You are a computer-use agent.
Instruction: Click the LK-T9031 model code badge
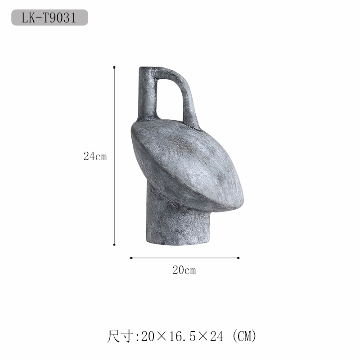tap(49, 18)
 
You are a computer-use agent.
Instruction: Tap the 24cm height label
tap(95, 156)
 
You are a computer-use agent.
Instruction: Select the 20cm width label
tap(184, 270)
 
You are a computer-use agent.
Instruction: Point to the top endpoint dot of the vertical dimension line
tap(114, 67)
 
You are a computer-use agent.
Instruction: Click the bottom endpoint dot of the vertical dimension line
tap(114, 245)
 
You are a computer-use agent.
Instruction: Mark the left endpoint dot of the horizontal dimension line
tap(131, 258)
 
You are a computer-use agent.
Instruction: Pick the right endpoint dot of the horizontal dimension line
tap(238, 258)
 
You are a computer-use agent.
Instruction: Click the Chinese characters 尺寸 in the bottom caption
tap(120, 336)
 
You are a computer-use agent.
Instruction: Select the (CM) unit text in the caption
tap(244, 337)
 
